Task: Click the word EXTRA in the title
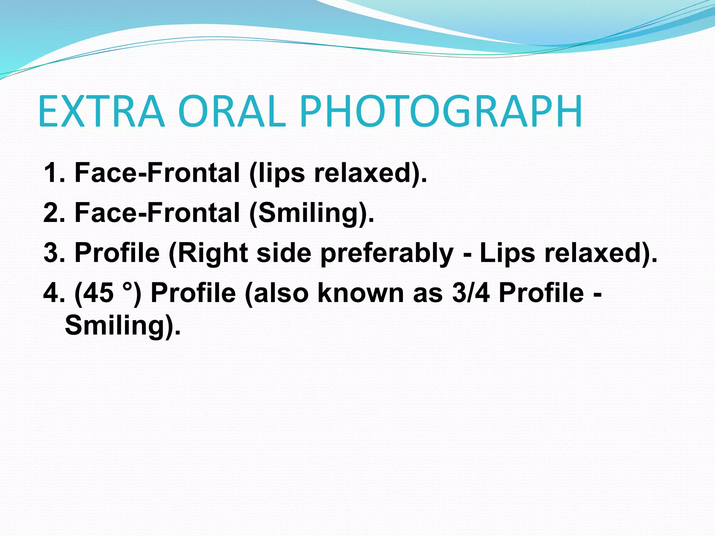[x=101, y=111]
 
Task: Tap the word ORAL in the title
[x=232, y=111]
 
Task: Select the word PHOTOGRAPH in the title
[x=441, y=111]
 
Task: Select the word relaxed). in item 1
[x=370, y=173]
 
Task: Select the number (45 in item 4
[x=94, y=293]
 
